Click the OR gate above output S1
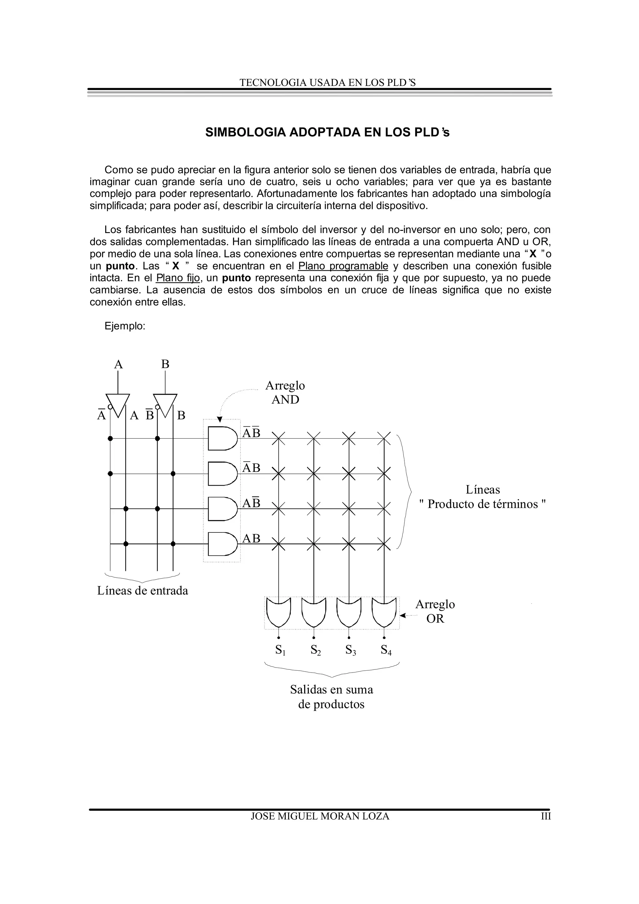point(278,612)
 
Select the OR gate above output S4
point(384,612)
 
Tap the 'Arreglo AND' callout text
point(285,392)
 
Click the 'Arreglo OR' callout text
point(435,611)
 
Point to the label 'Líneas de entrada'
point(143,591)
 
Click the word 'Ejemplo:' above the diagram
point(125,326)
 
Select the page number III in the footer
point(545,816)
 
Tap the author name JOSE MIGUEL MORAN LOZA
point(320,816)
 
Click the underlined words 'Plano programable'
point(343,266)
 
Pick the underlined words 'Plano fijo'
point(178,278)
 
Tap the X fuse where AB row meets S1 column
point(278,544)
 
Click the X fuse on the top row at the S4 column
point(384,438)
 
